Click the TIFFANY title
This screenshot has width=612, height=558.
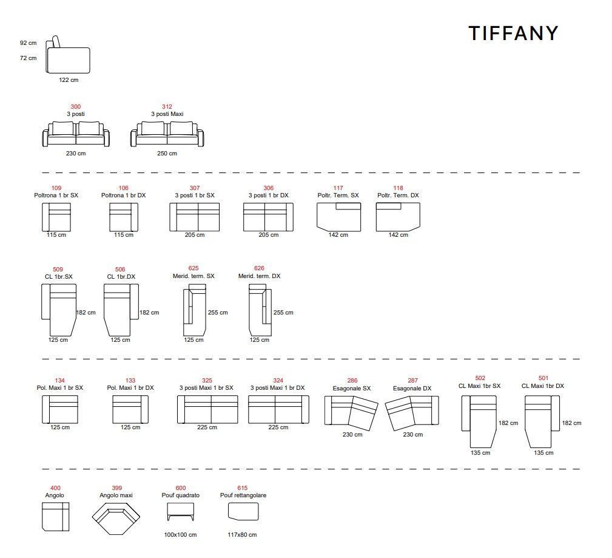pyautogui.click(x=513, y=33)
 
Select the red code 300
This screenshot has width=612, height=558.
pyautogui.click(x=76, y=107)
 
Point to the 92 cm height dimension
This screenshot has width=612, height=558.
pyautogui.click(x=28, y=43)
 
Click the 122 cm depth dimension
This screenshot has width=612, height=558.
pyautogui.click(x=69, y=80)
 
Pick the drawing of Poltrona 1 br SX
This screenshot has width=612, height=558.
pyautogui.click(x=56, y=217)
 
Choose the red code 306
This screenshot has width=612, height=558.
pyautogui.click(x=268, y=188)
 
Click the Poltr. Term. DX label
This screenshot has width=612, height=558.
pyautogui.click(x=398, y=196)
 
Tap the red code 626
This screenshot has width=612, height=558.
pyautogui.click(x=259, y=268)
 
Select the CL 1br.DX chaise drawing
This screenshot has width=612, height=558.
pyautogui.click(x=120, y=309)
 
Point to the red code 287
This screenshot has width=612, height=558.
pyautogui.click(x=412, y=381)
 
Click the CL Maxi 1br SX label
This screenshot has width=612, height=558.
pyautogui.click(x=480, y=386)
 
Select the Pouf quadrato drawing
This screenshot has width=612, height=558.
pyautogui.click(x=180, y=512)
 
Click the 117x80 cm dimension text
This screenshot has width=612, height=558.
pyautogui.click(x=242, y=535)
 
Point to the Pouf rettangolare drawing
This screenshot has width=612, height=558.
pyautogui.click(x=243, y=512)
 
